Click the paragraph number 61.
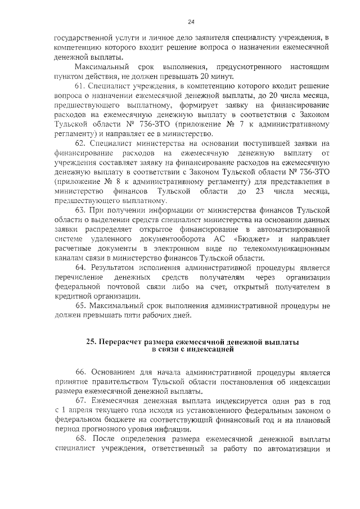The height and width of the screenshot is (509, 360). coord(80,85)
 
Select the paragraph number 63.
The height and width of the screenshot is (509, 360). coord(80,210)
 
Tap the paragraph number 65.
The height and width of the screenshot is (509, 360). coord(80,305)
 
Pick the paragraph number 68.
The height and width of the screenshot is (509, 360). coord(80,439)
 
